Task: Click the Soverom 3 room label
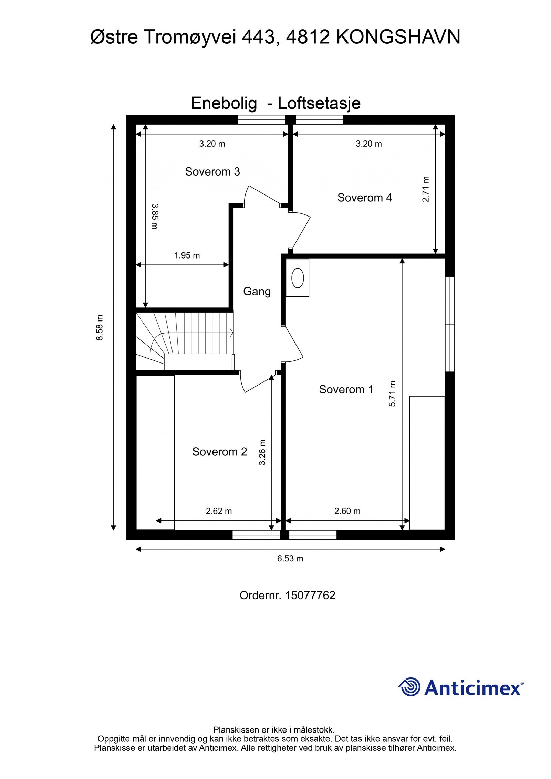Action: [x=212, y=171]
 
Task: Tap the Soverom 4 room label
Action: [x=364, y=198]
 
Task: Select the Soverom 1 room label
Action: [x=346, y=389]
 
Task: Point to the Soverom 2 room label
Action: [x=219, y=452]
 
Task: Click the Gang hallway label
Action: [x=257, y=292]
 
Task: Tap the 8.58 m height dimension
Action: [x=100, y=327]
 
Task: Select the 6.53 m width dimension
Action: [x=290, y=559]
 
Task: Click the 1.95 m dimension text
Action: [x=187, y=255]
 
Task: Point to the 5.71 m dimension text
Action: [x=392, y=394]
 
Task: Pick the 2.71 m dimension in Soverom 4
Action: [x=426, y=189]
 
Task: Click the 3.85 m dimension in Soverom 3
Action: [x=155, y=216]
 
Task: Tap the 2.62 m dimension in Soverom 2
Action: [x=219, y=511]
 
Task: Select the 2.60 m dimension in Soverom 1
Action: [x=347, y=511]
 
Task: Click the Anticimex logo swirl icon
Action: [x=410, y=687]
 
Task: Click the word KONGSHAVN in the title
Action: [x=398, y=37]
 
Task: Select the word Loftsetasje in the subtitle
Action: [x=319, y=103]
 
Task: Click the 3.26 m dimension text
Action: [x=262, y=452]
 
